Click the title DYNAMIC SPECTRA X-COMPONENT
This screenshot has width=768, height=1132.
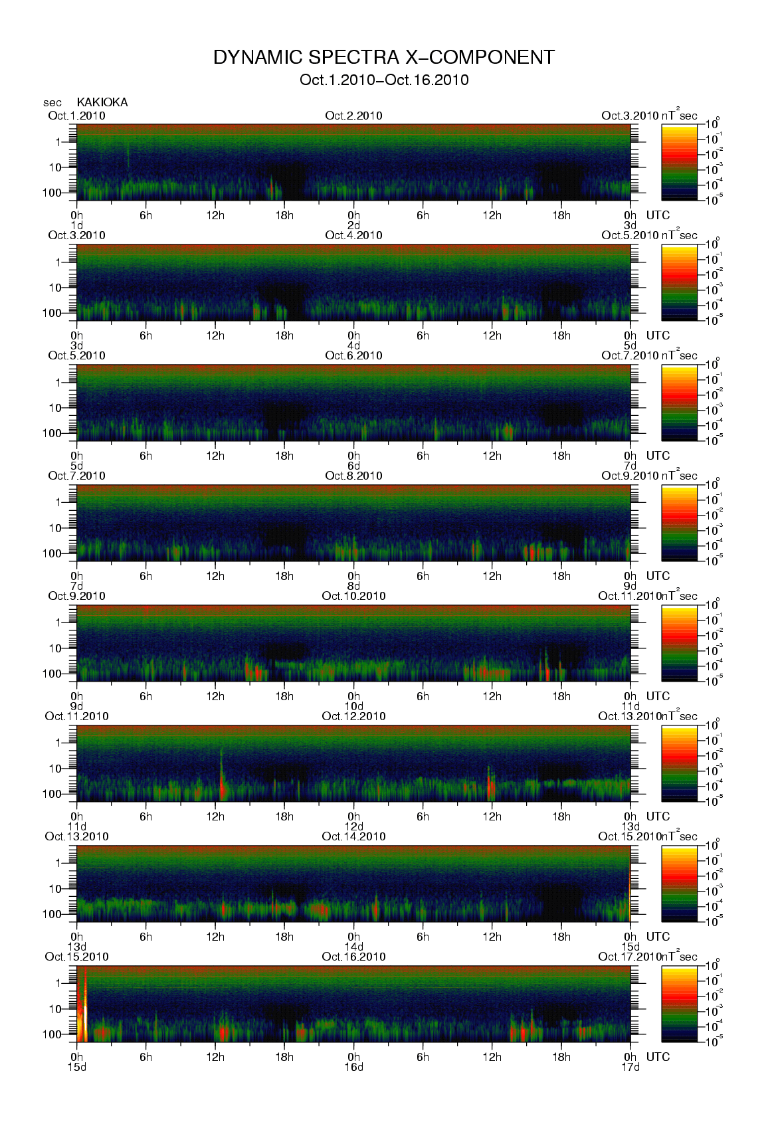[384, 58]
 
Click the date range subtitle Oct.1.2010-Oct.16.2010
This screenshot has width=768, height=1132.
[384, 80]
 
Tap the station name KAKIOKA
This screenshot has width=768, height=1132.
[102, 102]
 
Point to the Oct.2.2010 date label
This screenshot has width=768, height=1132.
[353, 116]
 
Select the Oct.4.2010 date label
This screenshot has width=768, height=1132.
[353, 235]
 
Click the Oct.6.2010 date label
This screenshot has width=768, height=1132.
[353, 355]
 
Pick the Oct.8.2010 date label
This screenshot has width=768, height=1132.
[353, 476]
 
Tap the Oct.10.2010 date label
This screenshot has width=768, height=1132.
[353, 596]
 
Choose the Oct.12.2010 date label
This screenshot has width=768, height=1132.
[353, 716]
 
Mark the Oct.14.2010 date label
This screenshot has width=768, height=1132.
[353, 836]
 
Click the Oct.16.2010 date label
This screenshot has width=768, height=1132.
[353, 957]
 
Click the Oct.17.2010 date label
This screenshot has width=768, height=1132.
[629, 957]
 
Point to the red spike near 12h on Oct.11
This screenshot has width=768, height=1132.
[221, 784]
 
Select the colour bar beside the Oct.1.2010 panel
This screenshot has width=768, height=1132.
[680, 162]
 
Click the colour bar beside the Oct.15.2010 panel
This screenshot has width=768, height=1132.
[680, 1004]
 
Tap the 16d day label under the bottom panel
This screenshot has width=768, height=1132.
[353, 1067]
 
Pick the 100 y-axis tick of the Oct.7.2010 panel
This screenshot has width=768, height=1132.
[52, 553]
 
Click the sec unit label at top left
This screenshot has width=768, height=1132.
[52, 103]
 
